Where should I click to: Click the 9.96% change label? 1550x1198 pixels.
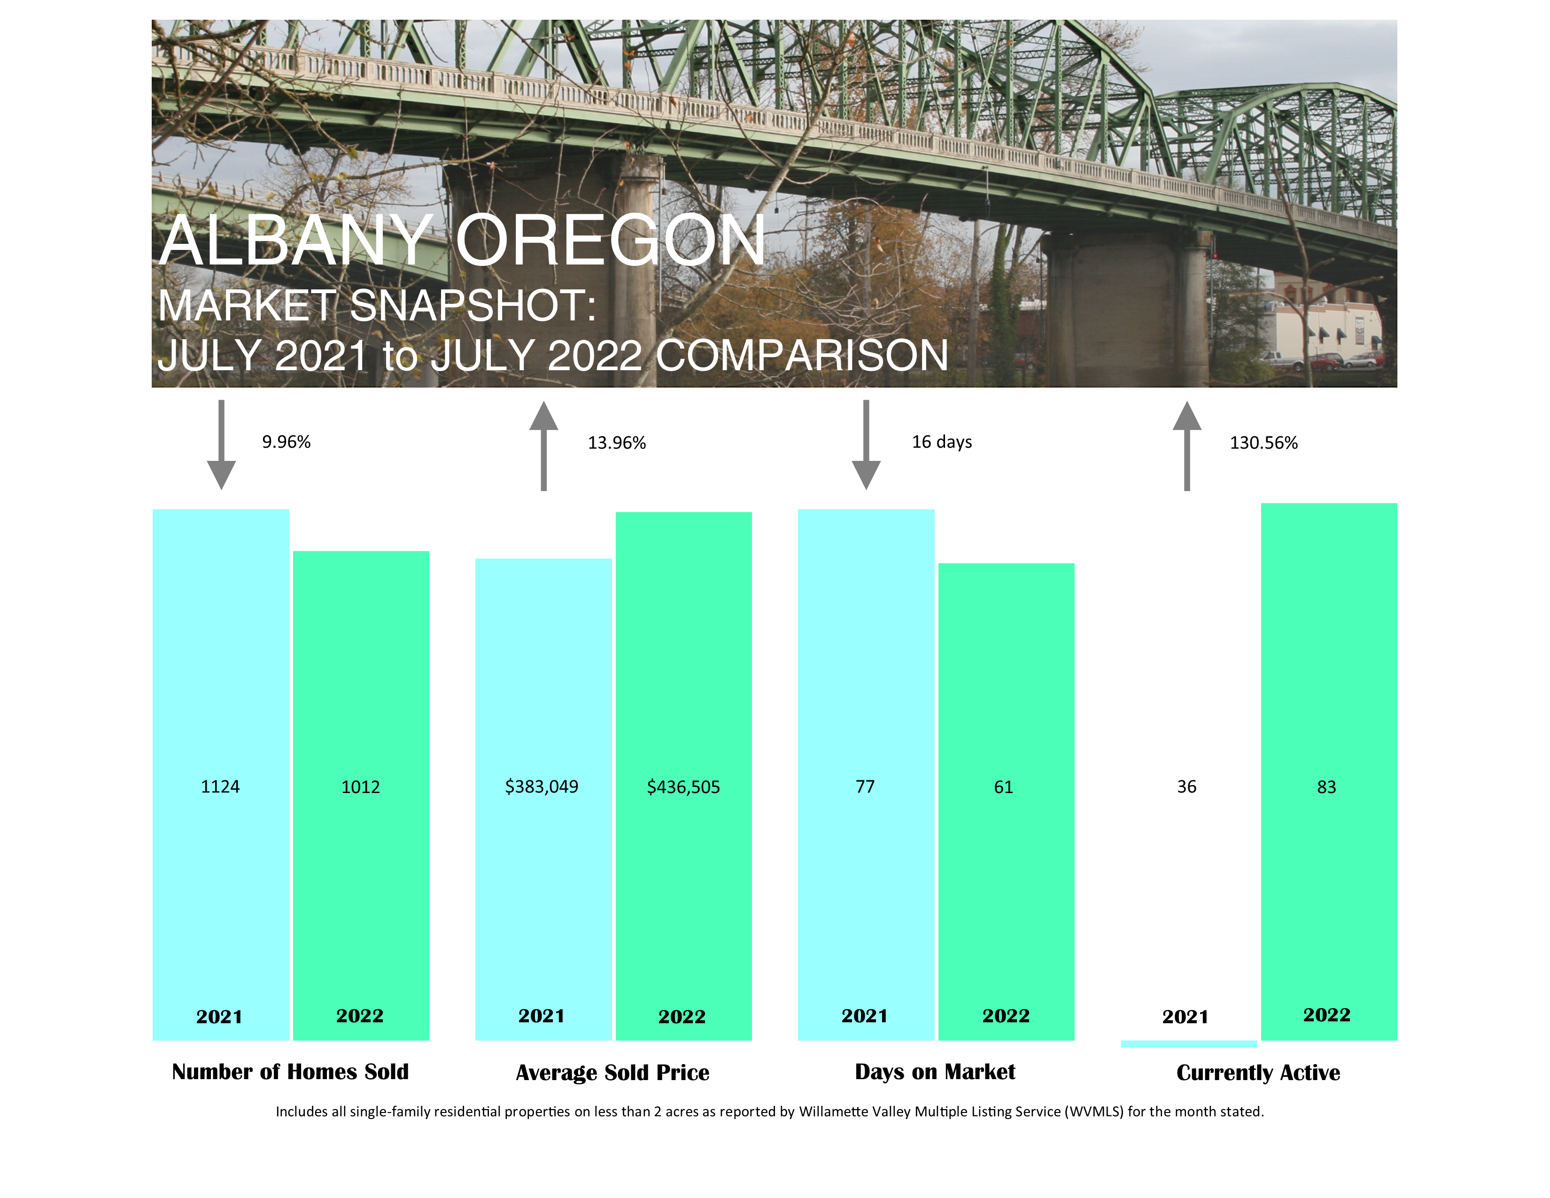pyautogui.click(x=286, y=442)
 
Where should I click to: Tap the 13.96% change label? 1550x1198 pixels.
pyautogui.click(x=617, y=443)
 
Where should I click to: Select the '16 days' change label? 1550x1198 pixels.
pyautogui.click(x=942, y=442)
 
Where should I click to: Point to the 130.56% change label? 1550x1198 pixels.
pyautogui.click(x=1263, y=443)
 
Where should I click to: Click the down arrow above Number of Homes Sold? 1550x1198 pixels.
pyautogui.click(x=221, y=445)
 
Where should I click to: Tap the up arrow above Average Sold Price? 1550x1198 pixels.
pyautogui.click(x=543, y=446)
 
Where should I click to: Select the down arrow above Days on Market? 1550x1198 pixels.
pyautogui.click(x=866, y=445)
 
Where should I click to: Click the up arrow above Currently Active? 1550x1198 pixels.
pyautogui.click(x=1186, y=446)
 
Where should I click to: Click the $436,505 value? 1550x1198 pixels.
pyautogui.click(x=683, y=787)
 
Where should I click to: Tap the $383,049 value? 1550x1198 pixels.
pyautogui.click(x=542, y=786)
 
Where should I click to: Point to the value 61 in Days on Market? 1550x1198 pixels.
pyautogui.click(x=1004, y=787)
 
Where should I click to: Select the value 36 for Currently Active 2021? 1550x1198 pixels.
pyautogui.click(x=1186, y=786)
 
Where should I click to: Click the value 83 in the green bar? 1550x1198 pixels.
pyautogui.click(x=1326, y=787)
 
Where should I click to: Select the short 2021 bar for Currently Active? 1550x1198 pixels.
pyautogui.click(x=1189, y=1044)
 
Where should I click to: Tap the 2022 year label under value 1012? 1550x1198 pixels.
pyautogui.click(x=360, y=1016)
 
